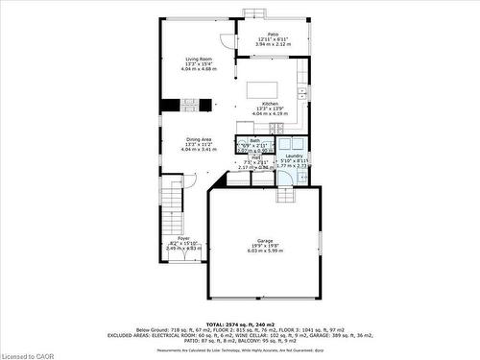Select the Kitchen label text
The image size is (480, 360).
click(271, 103)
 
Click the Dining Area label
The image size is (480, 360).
click(199, 139)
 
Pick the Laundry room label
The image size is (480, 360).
click(294, 156)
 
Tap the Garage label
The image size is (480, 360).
click(264, 240)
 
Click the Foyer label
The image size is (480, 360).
click(182, 238)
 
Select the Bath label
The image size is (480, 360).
click(255, 140)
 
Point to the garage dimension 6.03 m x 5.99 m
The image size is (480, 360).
click(264, 251)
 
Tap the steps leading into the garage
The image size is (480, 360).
click(284, 196)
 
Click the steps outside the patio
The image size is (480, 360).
click(254, 12)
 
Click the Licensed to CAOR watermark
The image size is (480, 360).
click(32, 351)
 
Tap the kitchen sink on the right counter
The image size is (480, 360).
click(301, 93)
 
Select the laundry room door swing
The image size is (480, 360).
click(286, 176)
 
